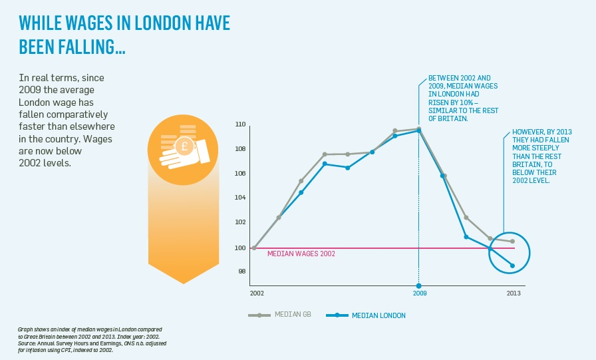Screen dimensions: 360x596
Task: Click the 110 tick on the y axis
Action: click(x=241, y=124)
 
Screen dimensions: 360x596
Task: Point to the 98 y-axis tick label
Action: click(x=242, y=271)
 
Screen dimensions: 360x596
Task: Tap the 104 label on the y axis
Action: click(x=241, y=198)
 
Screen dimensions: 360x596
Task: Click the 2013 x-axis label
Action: click(x=514, y=293)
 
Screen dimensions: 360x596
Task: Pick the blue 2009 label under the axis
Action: click(x=419, y=293)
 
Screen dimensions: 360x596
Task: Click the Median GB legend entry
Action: click(x=291, y=315)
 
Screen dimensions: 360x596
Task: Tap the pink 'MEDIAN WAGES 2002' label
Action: click(x=301, y=254)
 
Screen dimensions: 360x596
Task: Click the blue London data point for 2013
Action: click(x=513, y=266)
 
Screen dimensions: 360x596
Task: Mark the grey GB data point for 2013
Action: click(x=512, y=242)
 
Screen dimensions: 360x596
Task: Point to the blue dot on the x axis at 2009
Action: click(x=418, y=285)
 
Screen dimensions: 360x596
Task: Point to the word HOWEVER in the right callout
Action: click(x=527, y=132)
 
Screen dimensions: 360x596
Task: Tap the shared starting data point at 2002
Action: click(x=254, y=248)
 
